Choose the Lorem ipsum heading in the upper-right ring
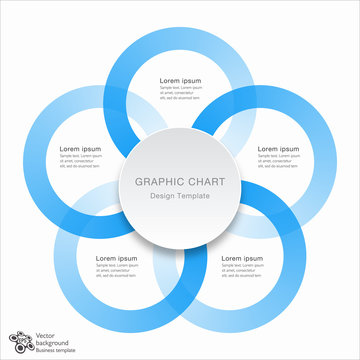(x=278, y=148)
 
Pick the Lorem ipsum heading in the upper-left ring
(x=81, y=148)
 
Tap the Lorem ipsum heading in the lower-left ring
(x=117, y=258)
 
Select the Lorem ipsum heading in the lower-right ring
(x=242, y=258)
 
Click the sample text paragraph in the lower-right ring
(x=244, y=272)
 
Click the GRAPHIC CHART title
(x=180, y=181)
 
